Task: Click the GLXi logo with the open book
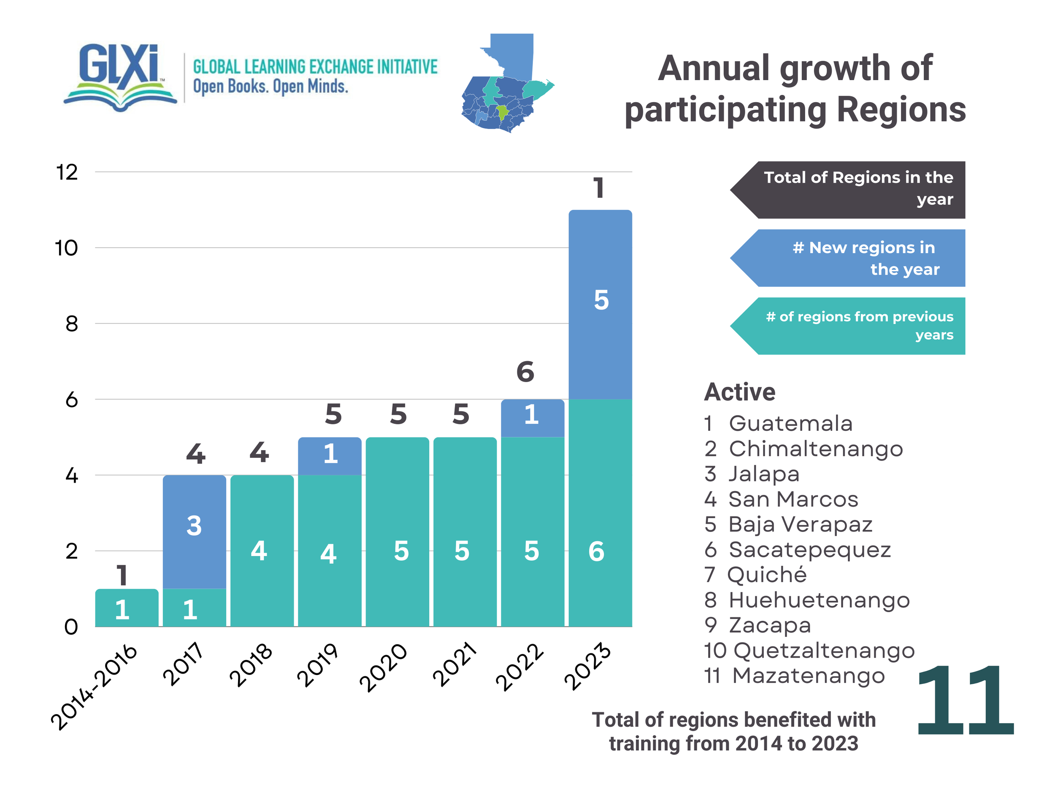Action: click(120, 77)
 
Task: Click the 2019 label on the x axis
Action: click(318, 665)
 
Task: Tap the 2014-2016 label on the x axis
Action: click(95, 686)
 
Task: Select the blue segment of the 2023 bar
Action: click(600, 304)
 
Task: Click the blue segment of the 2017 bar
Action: click(194, 531)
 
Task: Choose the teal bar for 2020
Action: click(397, 532)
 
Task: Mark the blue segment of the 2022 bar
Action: click(532, 418)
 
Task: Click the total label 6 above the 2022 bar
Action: click(525, 372)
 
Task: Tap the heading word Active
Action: click(740, 392)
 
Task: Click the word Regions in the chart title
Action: click(901, 110)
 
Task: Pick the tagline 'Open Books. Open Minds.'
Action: click(271, 87)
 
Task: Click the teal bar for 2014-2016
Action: click(127, 608)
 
